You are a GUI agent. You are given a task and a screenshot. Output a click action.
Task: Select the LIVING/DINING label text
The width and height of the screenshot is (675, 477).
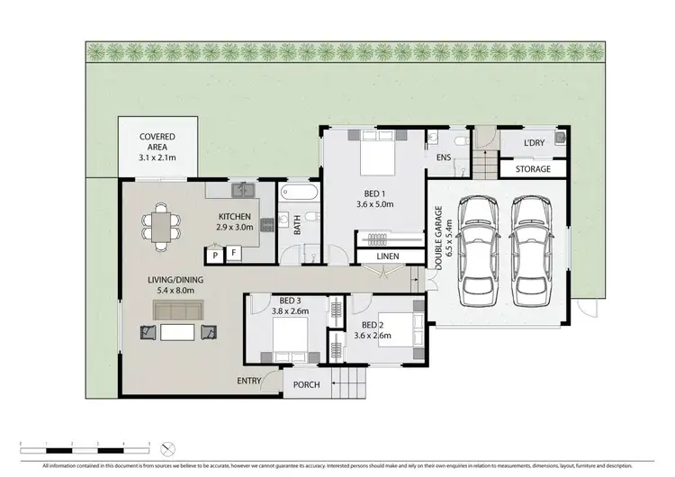pyautogui.click(x=176, y=285)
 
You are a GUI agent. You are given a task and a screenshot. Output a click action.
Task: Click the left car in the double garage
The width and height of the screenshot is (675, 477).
pyautogui.click(x=477, y=251)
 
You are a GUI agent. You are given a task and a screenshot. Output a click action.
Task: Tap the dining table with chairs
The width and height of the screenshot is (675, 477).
pyautogui.click(x=161, y=227)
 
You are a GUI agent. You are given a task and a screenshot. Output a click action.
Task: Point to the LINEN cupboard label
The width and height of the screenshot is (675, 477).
pyautogui.click(x=387, y=256)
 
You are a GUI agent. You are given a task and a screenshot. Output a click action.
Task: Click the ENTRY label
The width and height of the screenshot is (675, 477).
pyautogui.click(x=249, y=382)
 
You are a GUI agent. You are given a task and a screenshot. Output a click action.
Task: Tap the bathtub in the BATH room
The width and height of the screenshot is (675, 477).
pyautogui.click(x=296, y=194)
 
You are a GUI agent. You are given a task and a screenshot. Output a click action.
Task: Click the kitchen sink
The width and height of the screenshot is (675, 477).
pyautogui.click(x=242, y=190)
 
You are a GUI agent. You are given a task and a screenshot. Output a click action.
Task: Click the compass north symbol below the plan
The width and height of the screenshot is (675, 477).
pyautogui.click(x=165, y=447)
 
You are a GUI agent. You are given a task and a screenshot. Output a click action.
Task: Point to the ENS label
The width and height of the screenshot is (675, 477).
pyautogui.click(x=443, y=157)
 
